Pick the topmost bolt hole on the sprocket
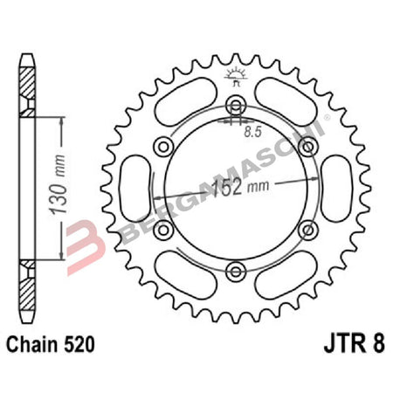pyautogui.click(x=234, y=107)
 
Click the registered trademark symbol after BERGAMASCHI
pyautogui.click(x=327, y=117)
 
